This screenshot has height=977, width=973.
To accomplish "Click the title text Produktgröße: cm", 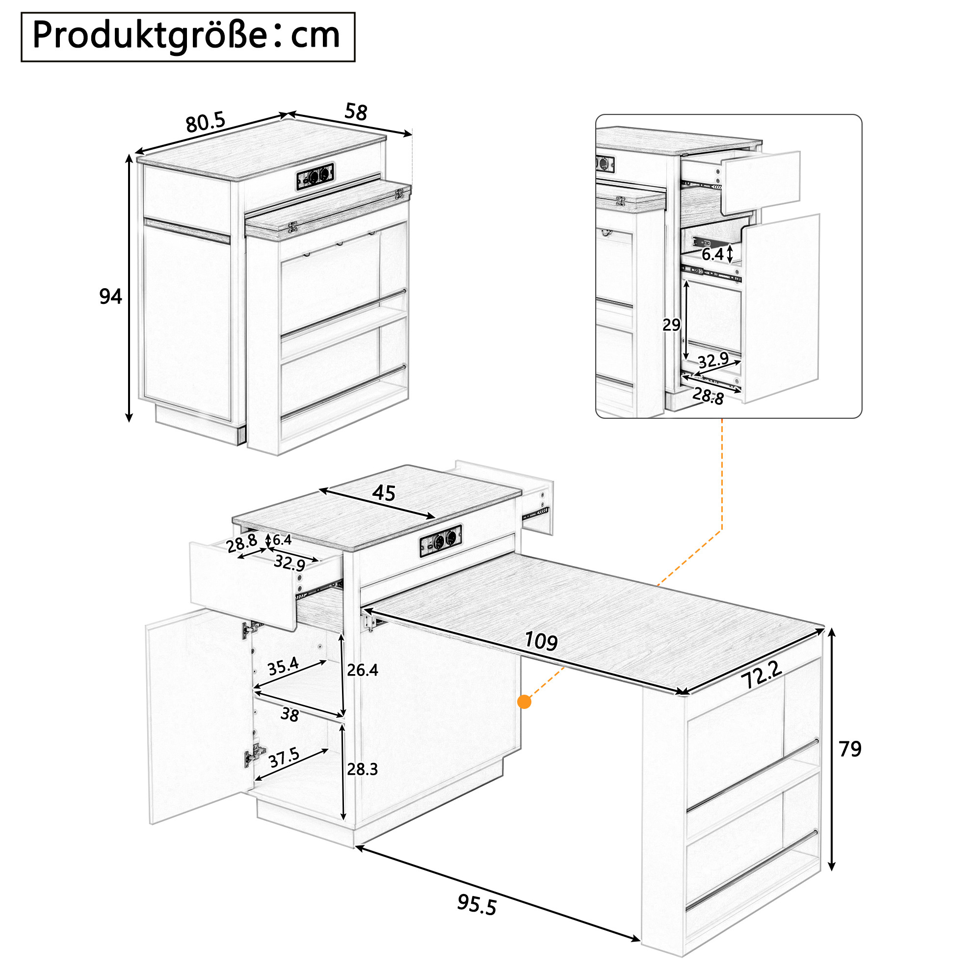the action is coord(186,36).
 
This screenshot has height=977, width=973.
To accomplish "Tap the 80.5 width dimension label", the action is coord(205,122).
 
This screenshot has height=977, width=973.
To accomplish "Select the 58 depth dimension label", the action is coord(356,112).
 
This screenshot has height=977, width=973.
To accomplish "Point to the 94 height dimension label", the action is coord(110,297).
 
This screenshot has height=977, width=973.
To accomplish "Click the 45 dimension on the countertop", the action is coord(384,492).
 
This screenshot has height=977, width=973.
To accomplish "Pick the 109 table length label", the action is coord(541,641).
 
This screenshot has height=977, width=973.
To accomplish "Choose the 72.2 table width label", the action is coord(762,675).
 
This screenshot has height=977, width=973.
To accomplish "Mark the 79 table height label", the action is coord(850,749).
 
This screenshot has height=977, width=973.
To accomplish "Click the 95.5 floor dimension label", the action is coord(476,905).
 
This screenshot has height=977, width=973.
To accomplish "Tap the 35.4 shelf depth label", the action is coord(283,667).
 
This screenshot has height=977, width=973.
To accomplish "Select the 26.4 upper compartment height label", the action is coord(363,670).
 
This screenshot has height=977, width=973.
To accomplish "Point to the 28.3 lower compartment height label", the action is coord(363,769).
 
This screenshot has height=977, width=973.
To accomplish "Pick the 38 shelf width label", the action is coord(289,714).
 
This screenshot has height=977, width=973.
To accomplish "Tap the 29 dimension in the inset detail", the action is coord(671,325).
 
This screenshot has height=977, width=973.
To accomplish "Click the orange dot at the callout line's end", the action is coord(525,702).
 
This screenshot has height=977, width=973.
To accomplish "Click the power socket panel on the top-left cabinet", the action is coord(316,176).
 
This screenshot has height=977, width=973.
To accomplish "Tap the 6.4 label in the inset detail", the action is coord(712,254).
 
